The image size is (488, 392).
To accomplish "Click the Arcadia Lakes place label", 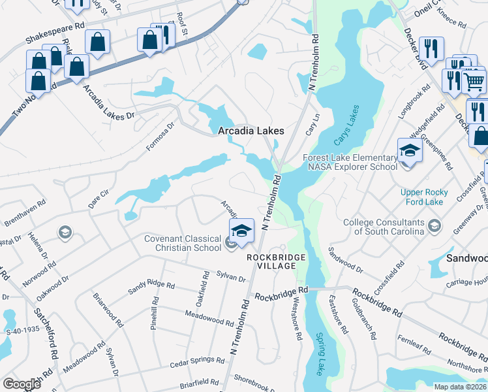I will pyautogui.click(x=251, y=131).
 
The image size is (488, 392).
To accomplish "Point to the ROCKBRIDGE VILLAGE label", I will pyautogui.click(x=276, y=262).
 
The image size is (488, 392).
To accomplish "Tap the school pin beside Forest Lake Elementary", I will pyautogui.click(x=410, y=151).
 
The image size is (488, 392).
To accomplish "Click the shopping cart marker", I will pyautogui.click(x=474, y=81).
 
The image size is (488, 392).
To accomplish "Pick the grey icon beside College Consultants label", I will pyautogui.click(x=435, y=226).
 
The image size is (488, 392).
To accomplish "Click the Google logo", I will pyautogui.click(x=22, y=384).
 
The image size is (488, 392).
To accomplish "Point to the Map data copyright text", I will pyautogui.click(x=461, y=387).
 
